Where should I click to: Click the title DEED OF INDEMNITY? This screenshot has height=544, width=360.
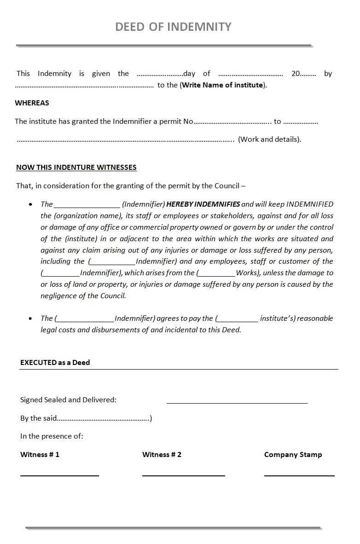[173, 27]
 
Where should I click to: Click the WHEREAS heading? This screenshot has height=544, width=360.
[32, 103]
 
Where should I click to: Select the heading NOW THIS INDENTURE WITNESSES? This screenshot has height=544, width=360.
[76, 168]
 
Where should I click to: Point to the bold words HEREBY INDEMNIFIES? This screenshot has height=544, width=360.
[203, 204]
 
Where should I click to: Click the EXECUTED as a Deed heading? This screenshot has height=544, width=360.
[55, 363]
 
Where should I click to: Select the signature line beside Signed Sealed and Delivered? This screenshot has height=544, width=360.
[237, 403]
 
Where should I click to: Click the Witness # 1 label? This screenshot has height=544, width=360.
[40, 455]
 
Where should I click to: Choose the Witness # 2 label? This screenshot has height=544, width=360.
[162, 455]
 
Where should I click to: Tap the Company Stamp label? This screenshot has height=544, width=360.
[293, 455]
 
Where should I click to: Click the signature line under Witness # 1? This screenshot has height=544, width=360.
[59, 475]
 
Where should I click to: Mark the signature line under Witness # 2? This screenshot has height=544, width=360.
[183, 475]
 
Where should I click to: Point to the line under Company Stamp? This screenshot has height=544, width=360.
[299, 475]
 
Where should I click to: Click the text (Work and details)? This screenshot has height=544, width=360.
[269, 139]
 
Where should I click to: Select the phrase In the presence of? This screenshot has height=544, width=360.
[52, 436]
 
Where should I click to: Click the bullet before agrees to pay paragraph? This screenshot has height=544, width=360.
[30, 318]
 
